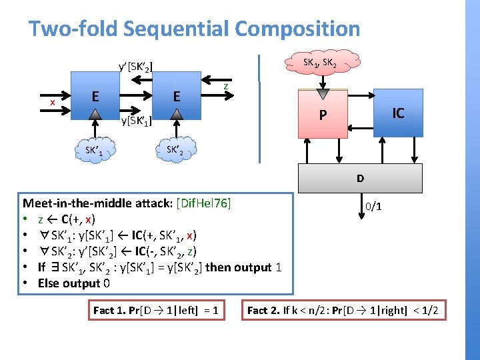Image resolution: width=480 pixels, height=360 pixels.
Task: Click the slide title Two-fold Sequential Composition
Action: [x=194, y=29]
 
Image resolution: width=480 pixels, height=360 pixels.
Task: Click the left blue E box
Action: [x=96, y=97]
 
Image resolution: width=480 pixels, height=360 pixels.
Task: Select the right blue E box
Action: [x=176, y=97]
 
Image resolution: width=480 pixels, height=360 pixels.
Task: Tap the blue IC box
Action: [x=398, y=113]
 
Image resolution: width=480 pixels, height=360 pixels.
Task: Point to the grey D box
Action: [x=360, y=178]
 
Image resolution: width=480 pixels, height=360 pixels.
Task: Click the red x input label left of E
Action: [x=53, y=101]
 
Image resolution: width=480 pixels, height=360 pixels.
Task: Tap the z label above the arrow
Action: [x=226, y=86]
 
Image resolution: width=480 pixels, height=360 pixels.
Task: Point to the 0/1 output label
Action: [x=373, y=207]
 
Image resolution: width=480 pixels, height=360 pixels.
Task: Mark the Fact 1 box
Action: [x=157, y=310]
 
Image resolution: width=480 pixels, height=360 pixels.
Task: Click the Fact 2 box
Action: [x=343, y=310]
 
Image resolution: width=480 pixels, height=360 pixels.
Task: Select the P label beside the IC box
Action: [x=323, y=115]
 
